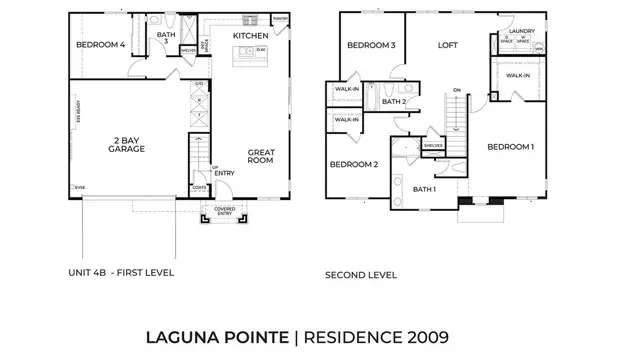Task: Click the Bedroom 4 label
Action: tap(101, 45)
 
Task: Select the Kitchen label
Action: tap(249, 36)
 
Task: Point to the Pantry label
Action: tap(280, 18)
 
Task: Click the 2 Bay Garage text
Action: tap(128, 144)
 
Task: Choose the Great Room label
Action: tap(261, 156)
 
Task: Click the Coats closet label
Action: tap(200, 185)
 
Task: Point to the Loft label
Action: tap(446, 45)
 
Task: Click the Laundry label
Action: tap(522, 31)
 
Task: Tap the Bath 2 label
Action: tap(393, 101)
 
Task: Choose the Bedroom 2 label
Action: tap(353, 164)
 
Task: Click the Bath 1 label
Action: tap(424, 189)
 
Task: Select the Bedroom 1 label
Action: tap(510, 147)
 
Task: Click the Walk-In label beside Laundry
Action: tap(518, 75)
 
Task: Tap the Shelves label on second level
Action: tap(432, 145)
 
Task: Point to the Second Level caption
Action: tap(361, 274)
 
